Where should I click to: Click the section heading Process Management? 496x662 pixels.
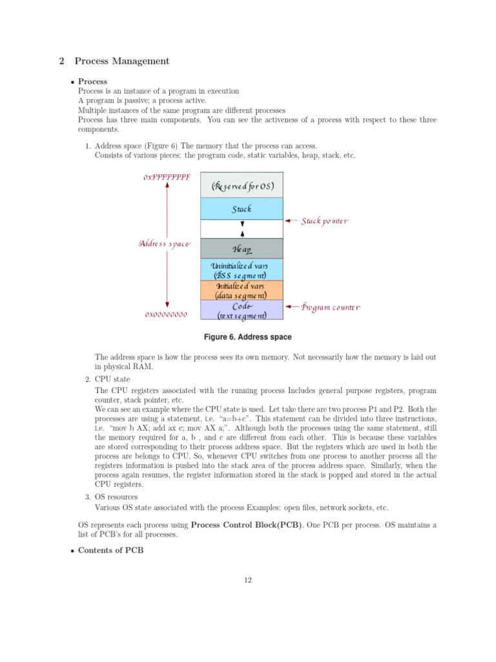[x=121, y=61]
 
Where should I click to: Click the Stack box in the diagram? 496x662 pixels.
[x=242, y=209]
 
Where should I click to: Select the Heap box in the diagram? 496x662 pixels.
[x=242, y=249]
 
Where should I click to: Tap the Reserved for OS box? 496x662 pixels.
[x=242, y=186]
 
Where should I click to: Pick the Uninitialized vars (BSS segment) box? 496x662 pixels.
[x=242, y=270]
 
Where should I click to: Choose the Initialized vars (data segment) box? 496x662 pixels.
[x=242, y=290]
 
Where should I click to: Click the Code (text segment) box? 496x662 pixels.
[x=242, y=310]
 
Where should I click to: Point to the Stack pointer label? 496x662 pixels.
[x=325, y=221]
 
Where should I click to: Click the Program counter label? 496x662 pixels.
[x=330, y=308]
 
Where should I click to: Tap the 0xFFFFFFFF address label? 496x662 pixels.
[x=167, y=177]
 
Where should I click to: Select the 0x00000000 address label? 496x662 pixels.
[x=167, y=315]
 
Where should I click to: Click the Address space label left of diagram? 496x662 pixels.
[x=165, y=244]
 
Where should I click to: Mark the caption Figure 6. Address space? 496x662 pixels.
[x=247, y=337]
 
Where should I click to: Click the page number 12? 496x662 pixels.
[x=247, y=579]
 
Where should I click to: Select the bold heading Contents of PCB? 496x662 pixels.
[x=112, y=550]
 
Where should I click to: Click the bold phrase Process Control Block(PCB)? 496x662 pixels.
[x=247, y=525]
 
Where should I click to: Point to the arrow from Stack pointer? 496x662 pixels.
[x=292, y=220]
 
